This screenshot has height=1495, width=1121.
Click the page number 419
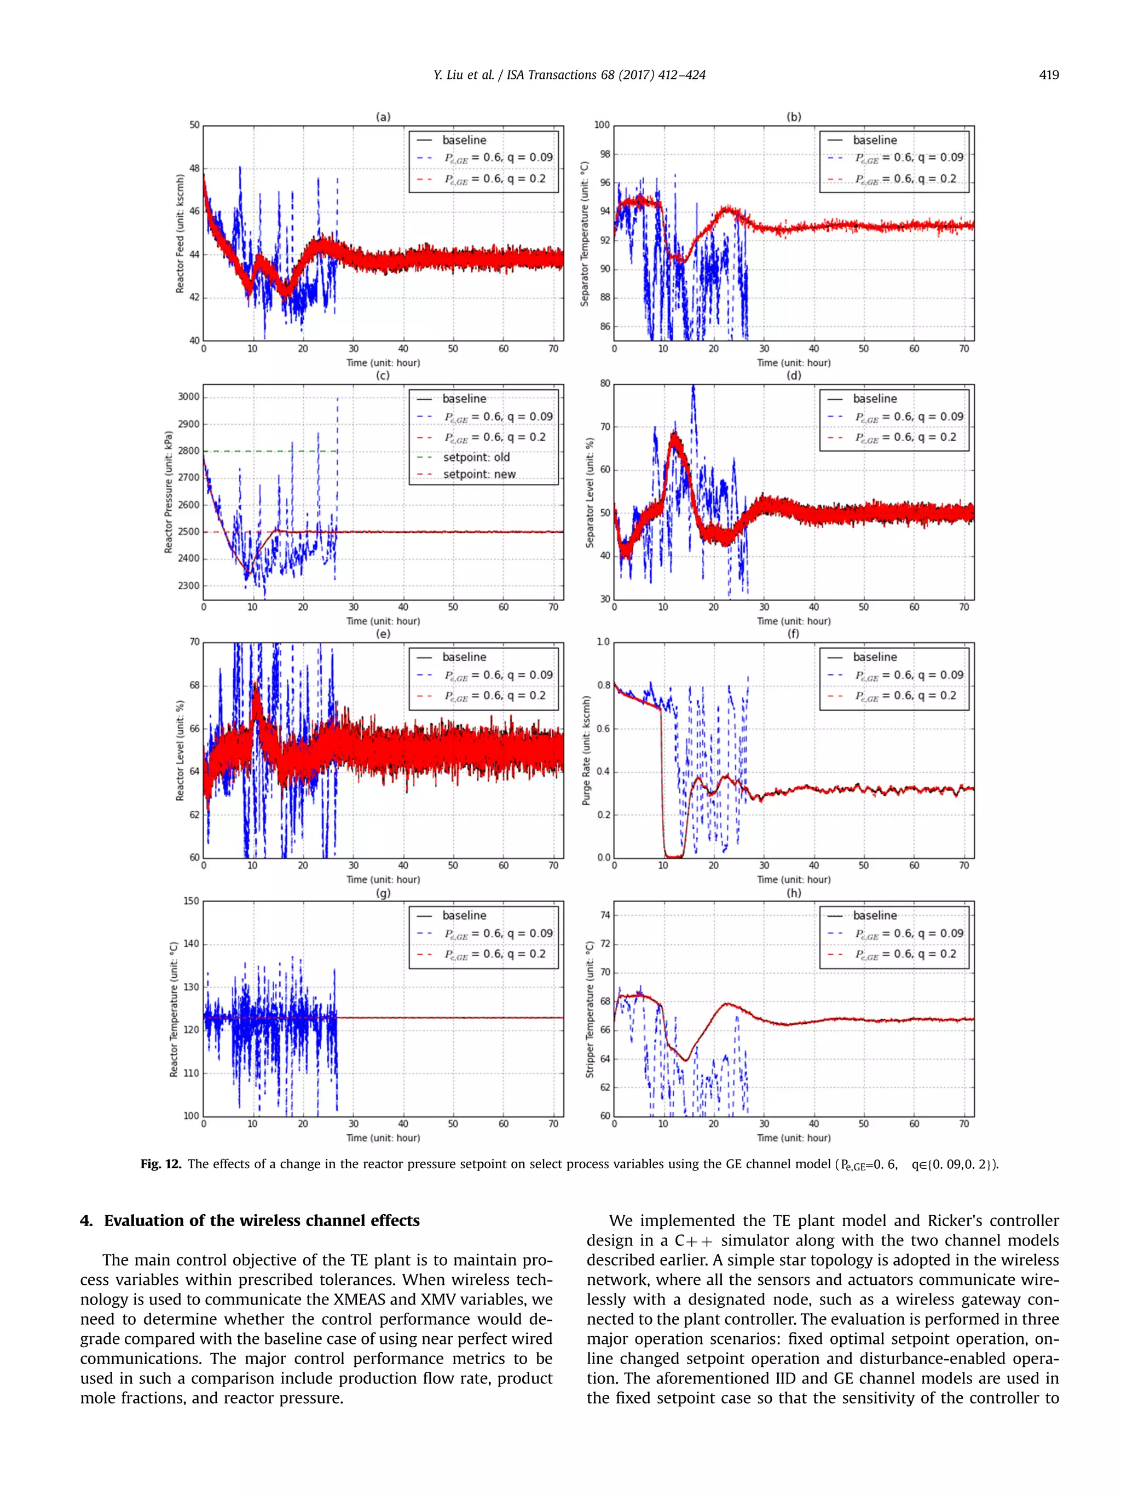click(1048, 75)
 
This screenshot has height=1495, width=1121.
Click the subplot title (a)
click(383, 117)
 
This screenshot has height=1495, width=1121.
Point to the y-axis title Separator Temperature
click(585, 234)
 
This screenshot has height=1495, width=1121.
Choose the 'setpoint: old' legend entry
click(476, 458)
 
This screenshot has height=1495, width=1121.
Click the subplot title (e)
click(383, 634)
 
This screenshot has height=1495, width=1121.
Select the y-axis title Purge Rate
click(586, 750)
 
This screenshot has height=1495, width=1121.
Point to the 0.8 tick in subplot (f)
click(603, 685)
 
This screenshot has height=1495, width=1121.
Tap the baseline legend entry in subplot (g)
click(464, 915)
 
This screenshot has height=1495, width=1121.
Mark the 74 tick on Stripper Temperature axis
click(605, 915)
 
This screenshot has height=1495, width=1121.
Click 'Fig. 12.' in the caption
click(161, 1164)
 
